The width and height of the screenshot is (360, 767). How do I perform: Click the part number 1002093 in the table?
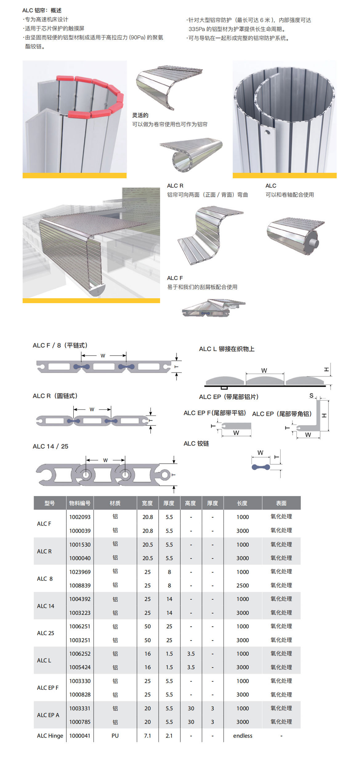tap(80, 517)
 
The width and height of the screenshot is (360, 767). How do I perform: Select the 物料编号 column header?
tap(80, 503)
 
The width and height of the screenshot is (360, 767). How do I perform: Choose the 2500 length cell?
tap(243, 585)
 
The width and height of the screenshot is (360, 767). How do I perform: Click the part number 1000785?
tap(80, 722)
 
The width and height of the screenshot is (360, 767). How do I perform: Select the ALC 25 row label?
tap(46, 633)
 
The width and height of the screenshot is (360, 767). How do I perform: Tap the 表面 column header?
tap(281, 503)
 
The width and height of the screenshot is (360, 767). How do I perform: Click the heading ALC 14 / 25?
tap(51, 446)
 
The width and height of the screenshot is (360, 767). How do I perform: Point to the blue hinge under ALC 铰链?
tap(261, 467)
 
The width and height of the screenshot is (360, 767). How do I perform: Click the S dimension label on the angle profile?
tap(311, 396)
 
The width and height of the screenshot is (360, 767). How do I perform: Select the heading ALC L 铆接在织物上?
tap(227, 349)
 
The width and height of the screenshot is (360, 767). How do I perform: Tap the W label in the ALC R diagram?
tap(92, 409)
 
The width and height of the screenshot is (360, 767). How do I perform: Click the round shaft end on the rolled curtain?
tap(314, 242)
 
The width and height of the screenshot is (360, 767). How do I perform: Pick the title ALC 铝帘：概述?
tap(42, 10)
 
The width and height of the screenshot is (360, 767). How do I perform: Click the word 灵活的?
tap(140, 115)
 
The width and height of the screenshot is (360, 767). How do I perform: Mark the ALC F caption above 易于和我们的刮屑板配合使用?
tap(175, 278)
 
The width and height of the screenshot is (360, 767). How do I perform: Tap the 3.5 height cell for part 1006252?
tap(191, 654)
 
